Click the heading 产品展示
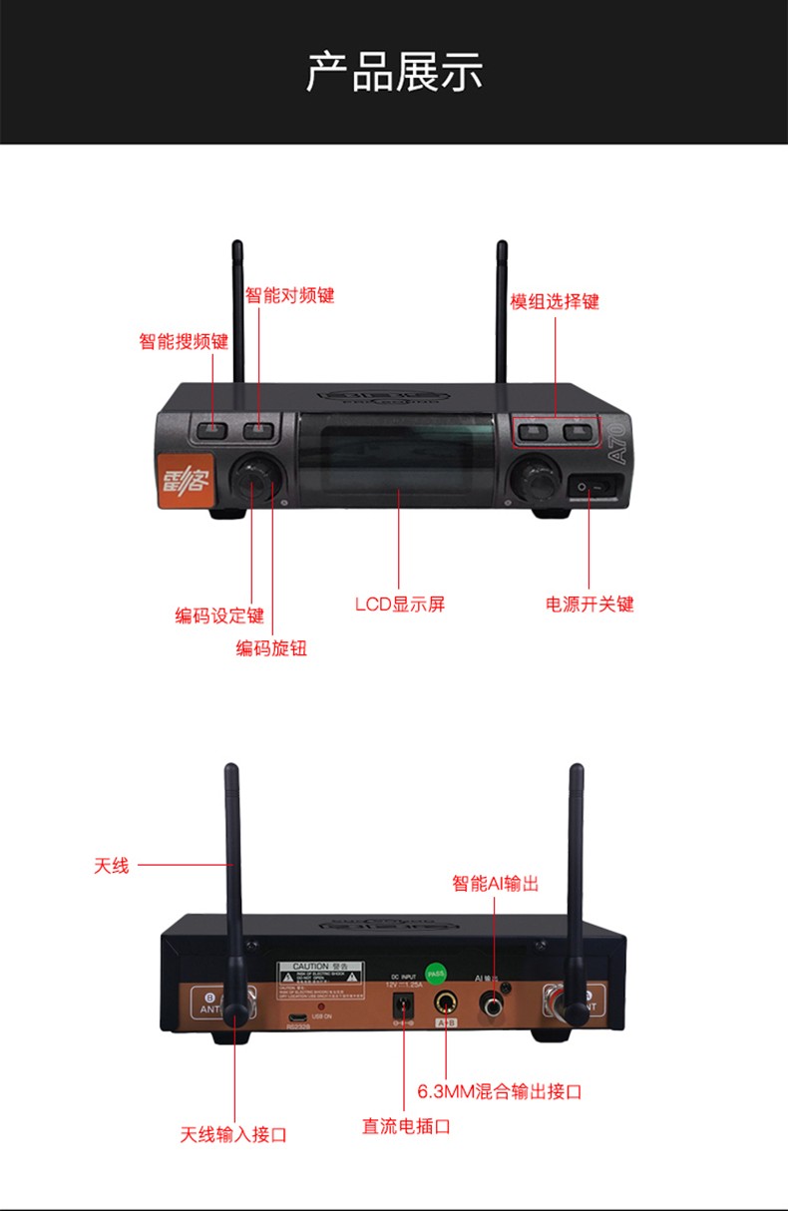coord(394,73)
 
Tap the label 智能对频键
coord(290,296)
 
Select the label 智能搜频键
coord(184,342)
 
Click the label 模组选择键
coord(555,301)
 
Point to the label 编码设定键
coord(219,615)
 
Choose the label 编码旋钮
coord(271,648)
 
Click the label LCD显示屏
coord(399,604)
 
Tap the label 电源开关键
coord(590,604)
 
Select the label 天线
coord(112,866)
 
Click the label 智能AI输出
coord(495,884)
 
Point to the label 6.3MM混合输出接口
coord(499,1091)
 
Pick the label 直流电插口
coord(406,1126)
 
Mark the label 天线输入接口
coord(233,1134)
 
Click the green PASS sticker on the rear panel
coord(436,971)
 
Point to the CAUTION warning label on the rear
coord(319,975)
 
